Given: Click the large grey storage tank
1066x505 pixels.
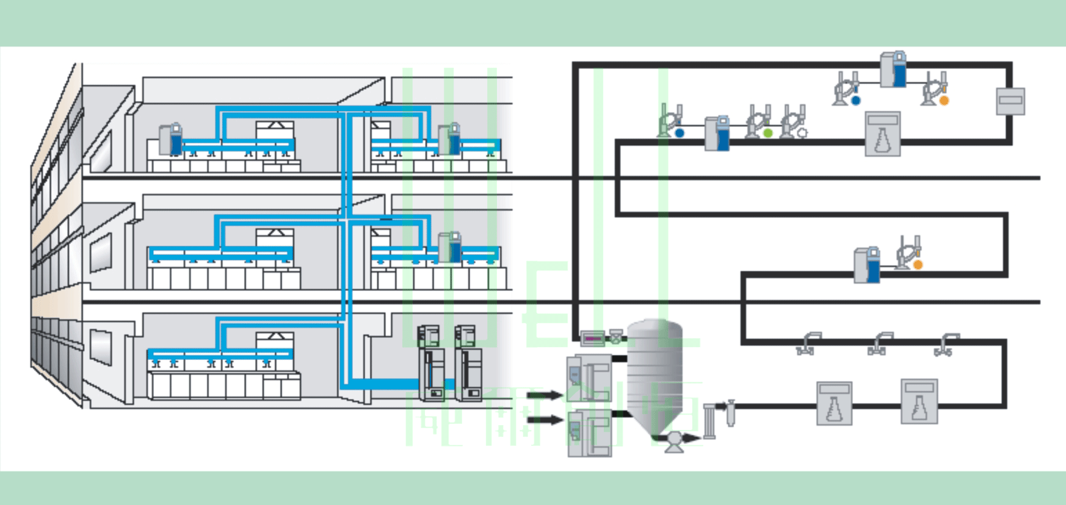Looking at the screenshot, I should pos(654,372).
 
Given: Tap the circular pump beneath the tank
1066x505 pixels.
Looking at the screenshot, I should pos(674,439).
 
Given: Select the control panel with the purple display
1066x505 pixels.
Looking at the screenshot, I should pos(592,337).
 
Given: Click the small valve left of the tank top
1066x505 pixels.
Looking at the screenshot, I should pos(617,336).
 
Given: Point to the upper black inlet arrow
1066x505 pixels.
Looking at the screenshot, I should pos(544,395).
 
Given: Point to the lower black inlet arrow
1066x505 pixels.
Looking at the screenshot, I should pos(544,420).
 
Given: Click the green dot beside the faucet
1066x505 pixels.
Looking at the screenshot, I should pos(768,132).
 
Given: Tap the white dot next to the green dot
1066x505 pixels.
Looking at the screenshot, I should pos(802,132).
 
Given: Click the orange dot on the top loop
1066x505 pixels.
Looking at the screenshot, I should pos(944,100).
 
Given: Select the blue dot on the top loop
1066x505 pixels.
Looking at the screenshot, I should pos(855,100).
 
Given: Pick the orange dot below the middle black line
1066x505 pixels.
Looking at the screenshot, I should pos(918,265).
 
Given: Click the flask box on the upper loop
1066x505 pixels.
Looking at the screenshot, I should pos(882,134).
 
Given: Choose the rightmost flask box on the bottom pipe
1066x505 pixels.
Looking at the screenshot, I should pos(919,401).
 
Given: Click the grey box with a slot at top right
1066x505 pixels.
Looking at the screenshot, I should pos(1010,101).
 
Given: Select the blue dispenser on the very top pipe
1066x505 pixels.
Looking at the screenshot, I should pos(893,69).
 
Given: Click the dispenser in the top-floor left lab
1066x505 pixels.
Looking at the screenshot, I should pos(171,139).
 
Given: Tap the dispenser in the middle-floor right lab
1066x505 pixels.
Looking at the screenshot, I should pos(450,248).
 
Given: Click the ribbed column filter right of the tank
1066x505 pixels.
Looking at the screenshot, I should pos(709,420).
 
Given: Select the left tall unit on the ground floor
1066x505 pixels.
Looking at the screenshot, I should pos(431,364).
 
